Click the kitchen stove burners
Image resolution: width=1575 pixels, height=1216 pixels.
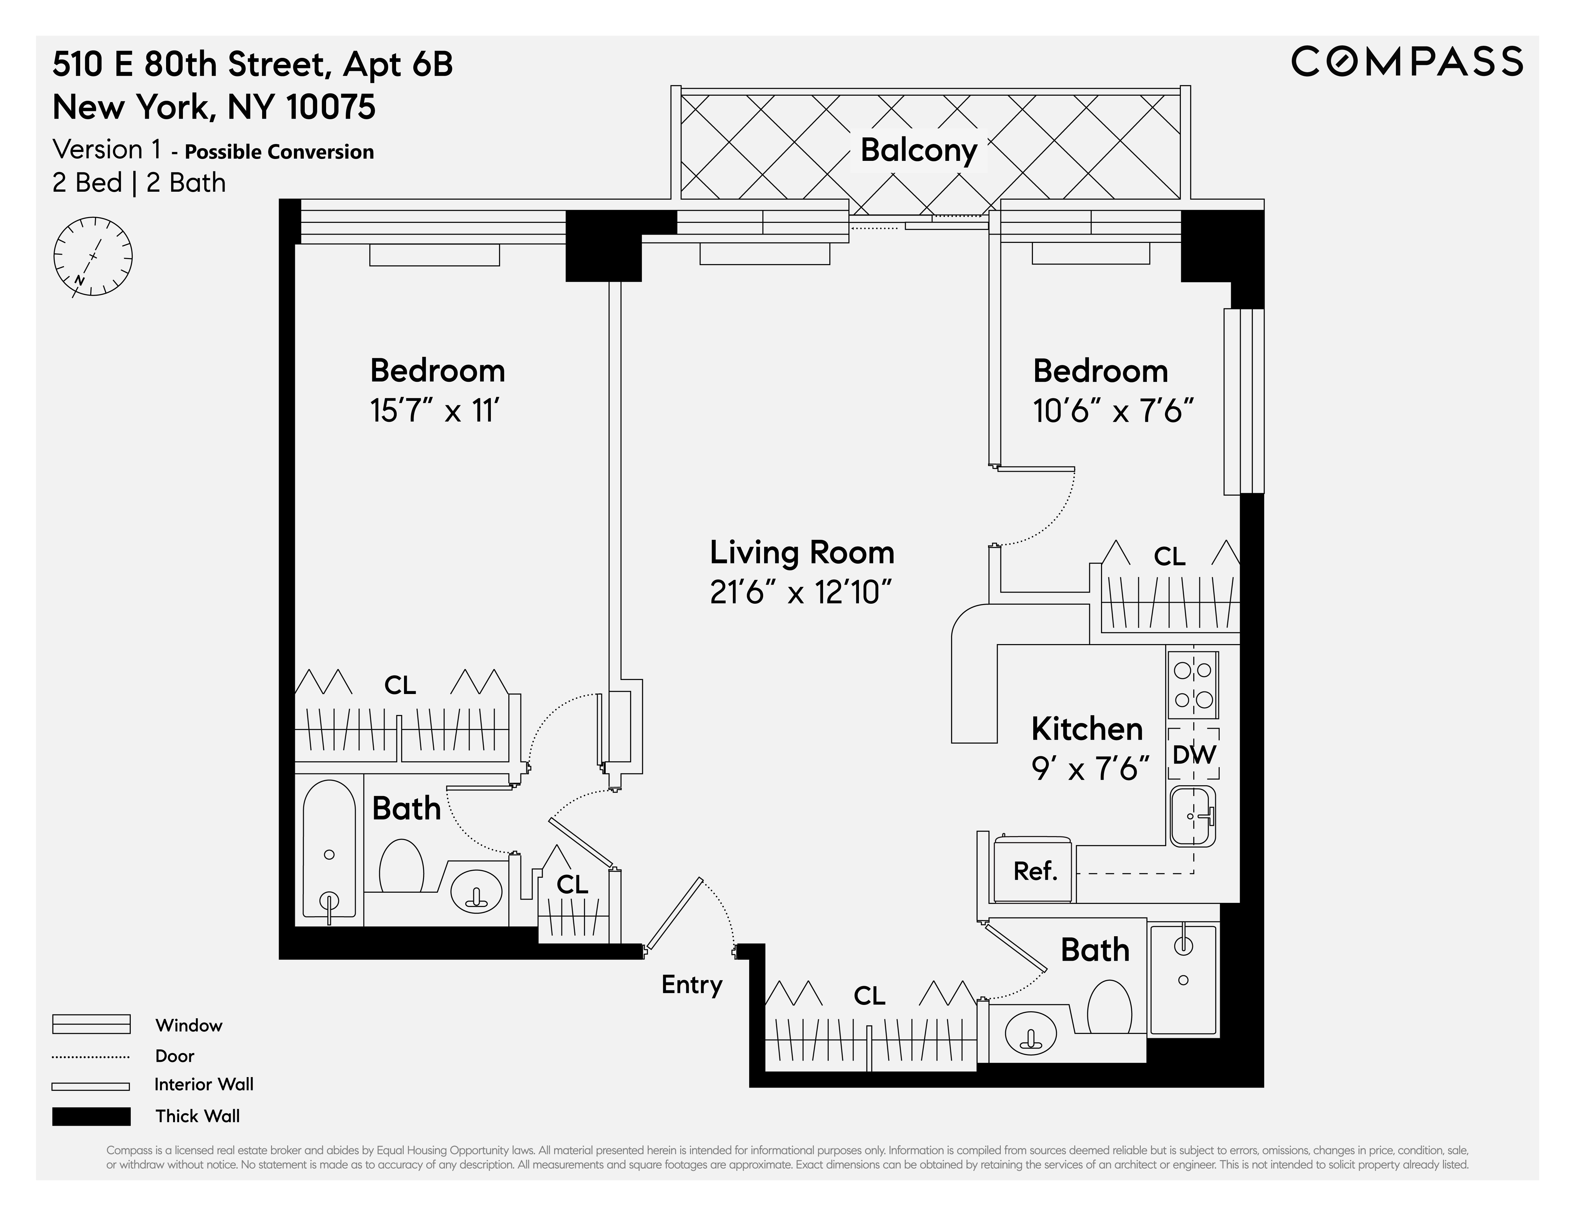click(1193, 685)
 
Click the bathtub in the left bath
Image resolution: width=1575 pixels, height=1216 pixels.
click(329, 849)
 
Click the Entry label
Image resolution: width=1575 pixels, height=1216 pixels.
click(692, 985)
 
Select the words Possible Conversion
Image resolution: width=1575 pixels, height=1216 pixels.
click(279, 152)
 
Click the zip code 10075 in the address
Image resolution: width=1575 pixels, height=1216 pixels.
click(330, 107)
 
